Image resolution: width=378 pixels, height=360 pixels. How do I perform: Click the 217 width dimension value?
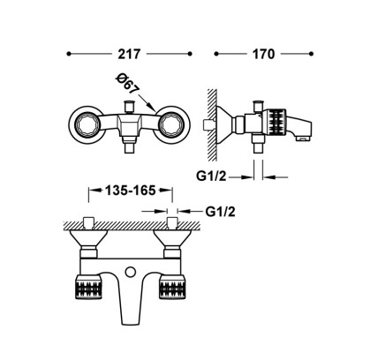(x=129, y=54)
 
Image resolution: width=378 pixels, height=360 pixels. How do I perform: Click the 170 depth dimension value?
(x=263, y=54)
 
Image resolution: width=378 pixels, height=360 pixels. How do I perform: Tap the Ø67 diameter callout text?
(x=126, y=84)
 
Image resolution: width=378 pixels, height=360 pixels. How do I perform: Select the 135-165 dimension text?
(x=131, y=191)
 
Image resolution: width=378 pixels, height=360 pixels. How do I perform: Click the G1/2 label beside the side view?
(x=211, y=176)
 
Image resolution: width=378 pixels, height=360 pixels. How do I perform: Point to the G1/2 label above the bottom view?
(x=221, y=212)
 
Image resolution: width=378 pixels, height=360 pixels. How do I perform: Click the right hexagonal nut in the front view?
(x=170, y=124)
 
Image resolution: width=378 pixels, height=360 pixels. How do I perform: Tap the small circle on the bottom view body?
(x=130, y=272)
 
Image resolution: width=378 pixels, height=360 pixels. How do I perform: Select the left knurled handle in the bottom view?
(x=89, y=287)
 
